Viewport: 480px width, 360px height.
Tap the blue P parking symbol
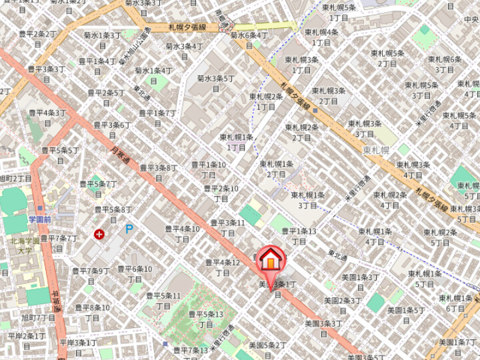click(129, 229)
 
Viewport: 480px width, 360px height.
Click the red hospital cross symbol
click(99, 234)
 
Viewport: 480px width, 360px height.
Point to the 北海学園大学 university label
click(26, 245)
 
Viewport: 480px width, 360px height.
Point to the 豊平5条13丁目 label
click(205, 319)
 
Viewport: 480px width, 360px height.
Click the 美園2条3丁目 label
click(341, 305)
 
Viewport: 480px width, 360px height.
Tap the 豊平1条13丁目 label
click(299, 236)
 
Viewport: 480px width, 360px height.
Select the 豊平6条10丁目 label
click(135, 273)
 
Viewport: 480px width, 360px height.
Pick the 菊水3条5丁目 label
click(216, 83)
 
